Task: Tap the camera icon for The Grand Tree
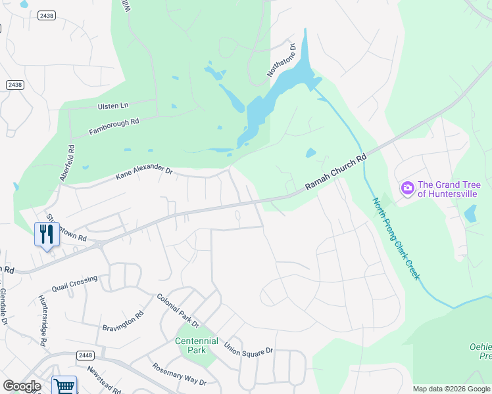click(x=407, y=189)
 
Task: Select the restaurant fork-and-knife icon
click(x=46, y=234)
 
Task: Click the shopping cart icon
click(x=64, y=386)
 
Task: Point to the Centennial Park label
click(x=197, y=345)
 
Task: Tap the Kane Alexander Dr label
click(x=143, y=172)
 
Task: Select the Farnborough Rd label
click(x=114, y=127)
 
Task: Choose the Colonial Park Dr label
click(x=178, y=310)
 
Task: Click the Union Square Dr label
click(x=248, y=347)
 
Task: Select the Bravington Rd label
click(x=122, y=322)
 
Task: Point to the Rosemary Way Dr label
click(x=179, y=374)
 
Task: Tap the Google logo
click(x=22, y=386)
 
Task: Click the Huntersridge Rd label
click(x=43, y=318)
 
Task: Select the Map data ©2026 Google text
click(x=451, y=389)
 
